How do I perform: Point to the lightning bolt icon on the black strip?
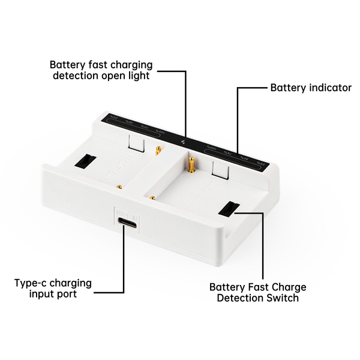[184, 142]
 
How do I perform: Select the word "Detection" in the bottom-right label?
[241, 298]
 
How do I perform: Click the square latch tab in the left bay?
[137, 144]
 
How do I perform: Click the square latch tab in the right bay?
[220, 172]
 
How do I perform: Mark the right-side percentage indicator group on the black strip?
[234, 154]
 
